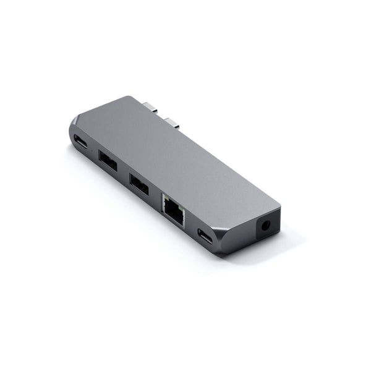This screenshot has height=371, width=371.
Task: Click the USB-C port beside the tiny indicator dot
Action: tap(80, 140)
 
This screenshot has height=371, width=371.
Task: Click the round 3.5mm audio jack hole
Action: tap(267, 226)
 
